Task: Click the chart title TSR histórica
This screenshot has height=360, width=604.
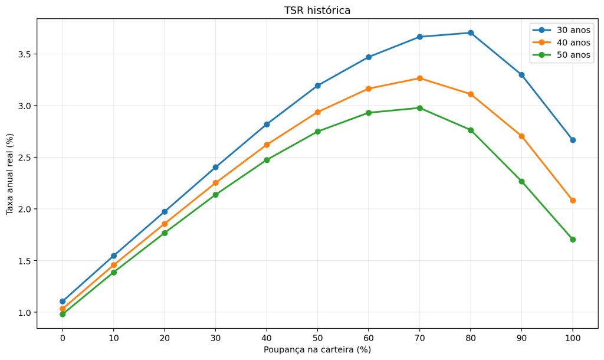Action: (317, 11)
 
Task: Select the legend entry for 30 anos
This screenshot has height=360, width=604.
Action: (562, 30)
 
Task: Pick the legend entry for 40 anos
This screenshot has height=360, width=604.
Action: (562, 42)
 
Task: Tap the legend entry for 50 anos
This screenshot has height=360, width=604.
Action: (562, 55)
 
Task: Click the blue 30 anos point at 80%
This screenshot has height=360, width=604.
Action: (471, 33)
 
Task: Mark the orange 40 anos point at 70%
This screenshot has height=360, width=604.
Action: (420, 78)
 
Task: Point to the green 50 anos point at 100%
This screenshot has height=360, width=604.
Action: (573, 240)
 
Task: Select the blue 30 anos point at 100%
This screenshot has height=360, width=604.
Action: (573, 140)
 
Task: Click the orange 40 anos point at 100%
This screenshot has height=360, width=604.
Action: (573, 201)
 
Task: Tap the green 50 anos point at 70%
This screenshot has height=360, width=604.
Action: (420, 108)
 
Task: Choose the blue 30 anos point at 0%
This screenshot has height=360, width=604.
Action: (63, 301)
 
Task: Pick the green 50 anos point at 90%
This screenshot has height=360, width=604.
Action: (521, 181)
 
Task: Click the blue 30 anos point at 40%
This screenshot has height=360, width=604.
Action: (267, 124)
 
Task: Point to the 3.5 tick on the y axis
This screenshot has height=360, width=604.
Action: (24, 54)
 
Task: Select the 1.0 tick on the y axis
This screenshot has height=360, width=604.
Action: (24, 312)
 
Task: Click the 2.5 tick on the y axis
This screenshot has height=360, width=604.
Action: (24, 157)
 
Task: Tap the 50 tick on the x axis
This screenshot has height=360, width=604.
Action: (318, 338)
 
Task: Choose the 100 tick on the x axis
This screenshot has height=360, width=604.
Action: (573, 338)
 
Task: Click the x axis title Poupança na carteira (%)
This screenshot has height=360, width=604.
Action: (317, 349)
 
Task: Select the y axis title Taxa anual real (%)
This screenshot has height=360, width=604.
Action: (9, 174)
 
